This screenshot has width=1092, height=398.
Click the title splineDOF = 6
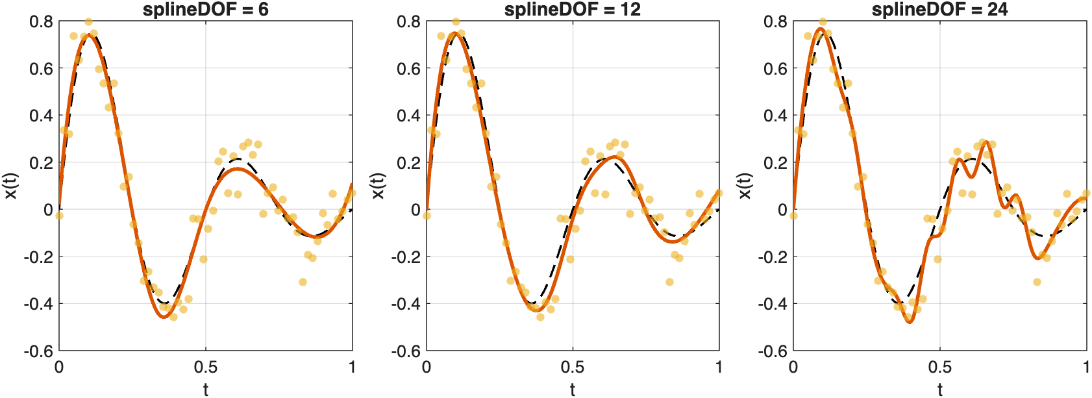(205, 9)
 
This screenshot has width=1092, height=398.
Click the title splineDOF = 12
(572, 9)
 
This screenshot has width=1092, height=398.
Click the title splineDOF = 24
(939, 9)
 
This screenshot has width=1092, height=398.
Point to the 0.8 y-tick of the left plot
(41, 22)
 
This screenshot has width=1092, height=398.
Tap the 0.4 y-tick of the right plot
(775, 116)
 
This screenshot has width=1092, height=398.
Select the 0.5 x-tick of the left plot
(206, 367)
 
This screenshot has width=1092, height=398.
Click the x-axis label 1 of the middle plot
(719, 367)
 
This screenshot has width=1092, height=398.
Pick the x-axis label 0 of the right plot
(793, 367)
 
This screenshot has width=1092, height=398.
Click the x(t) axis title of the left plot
(11, 186)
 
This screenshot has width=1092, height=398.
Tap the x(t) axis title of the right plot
(745, 186)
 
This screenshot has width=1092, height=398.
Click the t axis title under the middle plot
(572, 389)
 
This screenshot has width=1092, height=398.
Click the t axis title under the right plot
(939, 389)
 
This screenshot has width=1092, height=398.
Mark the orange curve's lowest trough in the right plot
(910, 321)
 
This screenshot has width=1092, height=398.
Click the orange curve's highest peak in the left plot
(90, 36)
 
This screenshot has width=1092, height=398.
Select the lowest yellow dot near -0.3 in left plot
(303, 282)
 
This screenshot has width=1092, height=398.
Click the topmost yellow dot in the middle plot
(456, 22)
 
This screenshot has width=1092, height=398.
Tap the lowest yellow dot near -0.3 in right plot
(1037, 282)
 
